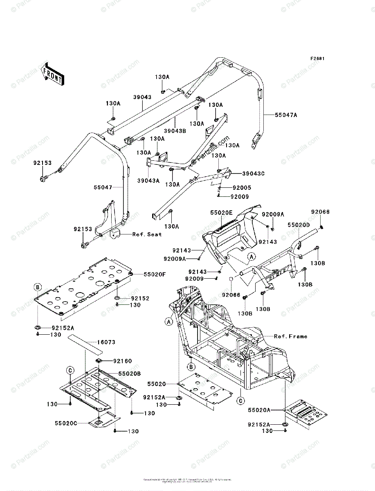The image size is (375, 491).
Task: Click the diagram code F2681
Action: coord(317,59)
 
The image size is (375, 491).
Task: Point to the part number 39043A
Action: coord(148,180)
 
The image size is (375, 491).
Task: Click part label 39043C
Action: coord(254,173)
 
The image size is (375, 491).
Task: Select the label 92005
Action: coord(242,188)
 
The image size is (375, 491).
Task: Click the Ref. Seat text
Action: coord(147,234)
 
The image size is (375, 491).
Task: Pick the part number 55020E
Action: coord(222,213)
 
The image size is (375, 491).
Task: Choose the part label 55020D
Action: coord(299,225)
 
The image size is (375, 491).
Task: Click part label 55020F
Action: coord(154,275)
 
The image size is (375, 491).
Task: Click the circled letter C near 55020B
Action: coord(70,370)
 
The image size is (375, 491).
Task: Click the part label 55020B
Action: coord(130,374)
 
